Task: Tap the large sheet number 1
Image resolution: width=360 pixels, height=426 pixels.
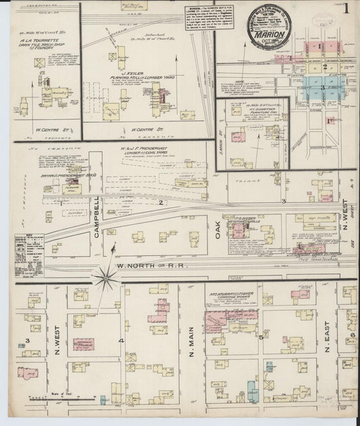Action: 346,11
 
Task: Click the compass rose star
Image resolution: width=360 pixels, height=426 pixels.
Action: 105,275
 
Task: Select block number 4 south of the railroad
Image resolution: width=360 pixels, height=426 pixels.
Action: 121,340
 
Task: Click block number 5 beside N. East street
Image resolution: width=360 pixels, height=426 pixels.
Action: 260,336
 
